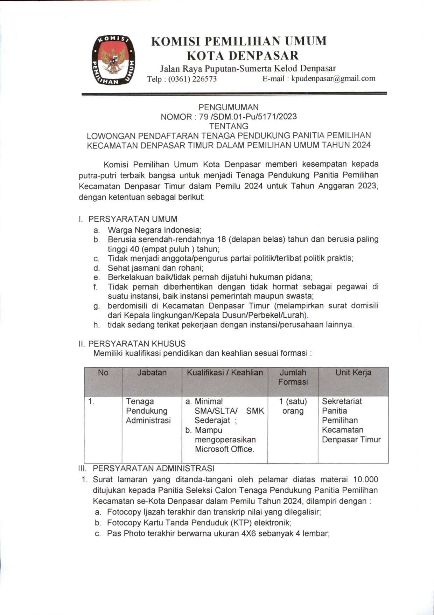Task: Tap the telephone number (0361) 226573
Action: (x=192, y=79)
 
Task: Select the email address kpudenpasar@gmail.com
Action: (x=333, y=78)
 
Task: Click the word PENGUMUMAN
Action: (x=229, y=107)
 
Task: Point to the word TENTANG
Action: (x=229, y=126)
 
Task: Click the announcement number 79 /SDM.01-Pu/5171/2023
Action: (x=248, y=117)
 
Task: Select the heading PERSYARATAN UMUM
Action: (x=133, y=219)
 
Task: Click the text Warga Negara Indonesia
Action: (x=154, y=230)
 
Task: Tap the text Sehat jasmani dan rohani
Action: (x=155, y=268)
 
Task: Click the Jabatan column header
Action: (x=152, y=373)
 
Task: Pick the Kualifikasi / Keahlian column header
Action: (x=225, y=373)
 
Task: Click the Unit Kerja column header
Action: (x=353, y=373)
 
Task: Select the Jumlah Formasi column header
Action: (x=293, y=377)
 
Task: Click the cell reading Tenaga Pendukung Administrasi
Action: (x=148, y=411)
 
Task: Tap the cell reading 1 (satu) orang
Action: (x=293, y=406)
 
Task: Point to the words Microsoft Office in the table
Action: (x=224, y=449)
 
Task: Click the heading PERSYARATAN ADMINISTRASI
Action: (x=153, y=468)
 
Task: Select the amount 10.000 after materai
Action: (x=365, y=479)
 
